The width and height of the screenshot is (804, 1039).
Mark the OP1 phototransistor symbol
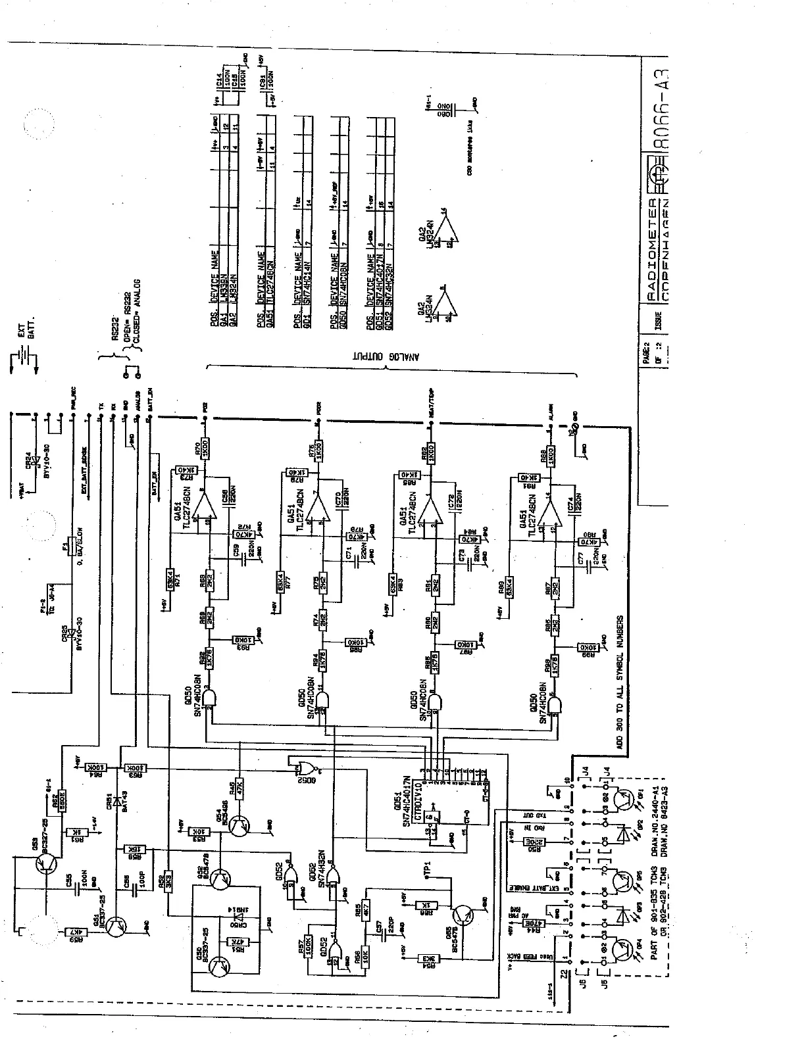622,800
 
